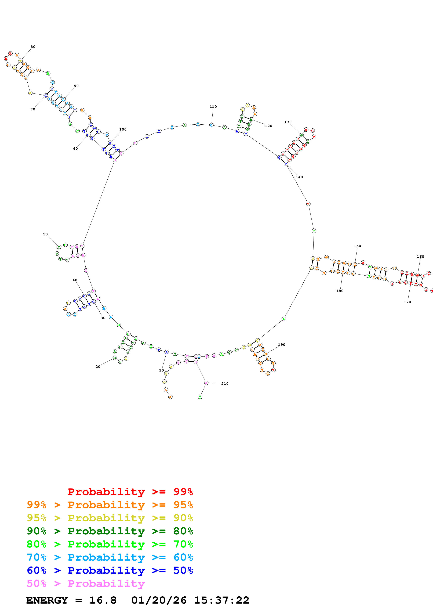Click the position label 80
[x=33, y=47]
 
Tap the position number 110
[x=213, y=107]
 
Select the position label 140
[x=299, y=177]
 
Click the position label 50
[x=45, y=234]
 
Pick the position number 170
[x=407, y=302]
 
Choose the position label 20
[x=98, y=367]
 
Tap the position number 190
[x=281, y=345]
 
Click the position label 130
[x=288, y=122]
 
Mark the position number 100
[x=123, y=129]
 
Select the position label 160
[x=420, y=257]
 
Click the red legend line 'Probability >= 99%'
[x=130, y=492]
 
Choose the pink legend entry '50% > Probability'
[x=86, y=583]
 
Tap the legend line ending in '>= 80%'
[x=110, y=531]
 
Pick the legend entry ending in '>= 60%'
[x=110, y=557]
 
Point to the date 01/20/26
[x=159, y=600]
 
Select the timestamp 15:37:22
[x=221, y=600]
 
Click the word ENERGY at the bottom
[x=47, y=600]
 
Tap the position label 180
[x=340, y=291]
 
